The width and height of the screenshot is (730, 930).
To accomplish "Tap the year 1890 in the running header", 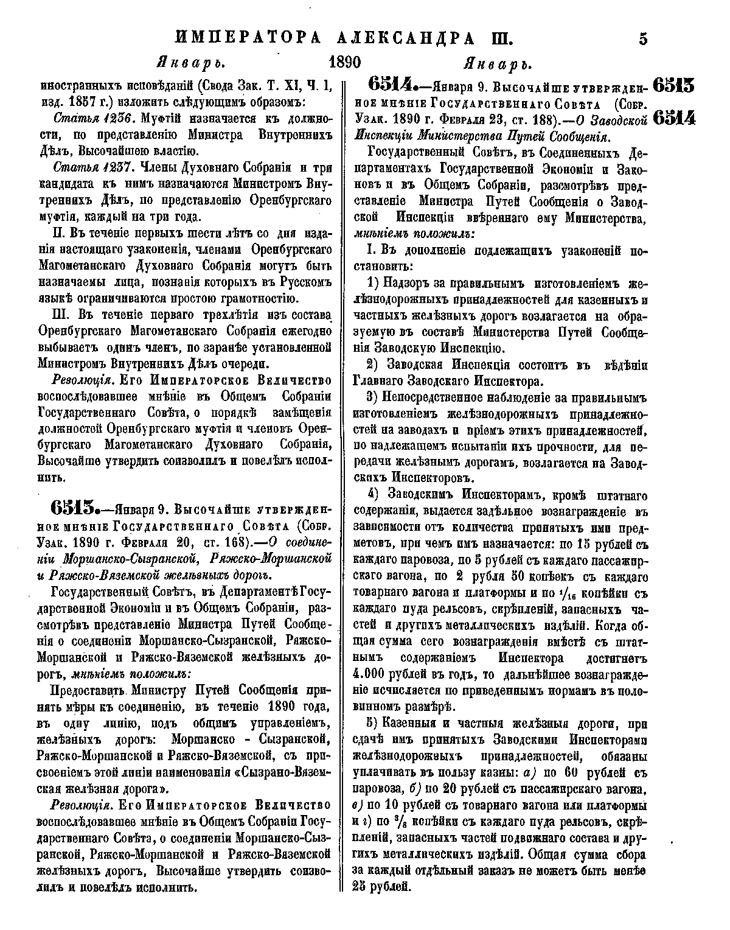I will click(x=345, y=63).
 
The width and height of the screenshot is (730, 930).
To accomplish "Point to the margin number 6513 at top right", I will click(x=673, y=85).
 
